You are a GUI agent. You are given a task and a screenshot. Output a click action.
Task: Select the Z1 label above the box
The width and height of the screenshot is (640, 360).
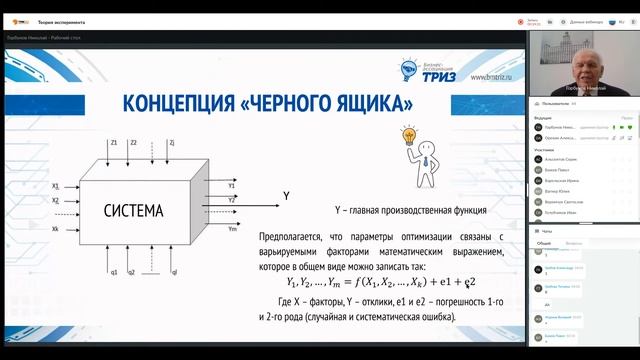(x=115, y=143)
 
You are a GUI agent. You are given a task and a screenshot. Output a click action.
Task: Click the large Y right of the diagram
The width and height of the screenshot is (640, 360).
(x=286, y=168)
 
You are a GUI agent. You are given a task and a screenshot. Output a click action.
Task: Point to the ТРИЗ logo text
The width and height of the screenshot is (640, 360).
(x=448, y=73)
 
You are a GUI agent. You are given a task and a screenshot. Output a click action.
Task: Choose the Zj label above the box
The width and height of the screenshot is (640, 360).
(x=172, y=143)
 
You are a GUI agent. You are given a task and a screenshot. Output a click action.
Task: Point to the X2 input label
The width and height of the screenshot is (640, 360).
(x=56, y=200)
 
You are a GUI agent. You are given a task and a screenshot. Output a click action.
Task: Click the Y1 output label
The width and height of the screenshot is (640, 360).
(x=232, y=185)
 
